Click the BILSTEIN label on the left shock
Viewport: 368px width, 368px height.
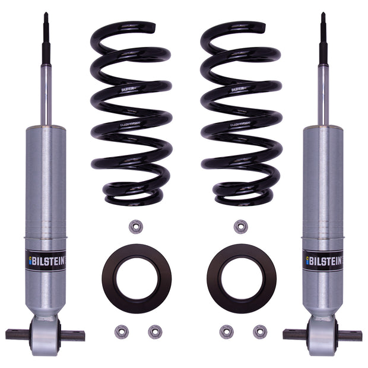point(46,260)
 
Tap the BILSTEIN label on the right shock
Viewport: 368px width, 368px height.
point(323,260)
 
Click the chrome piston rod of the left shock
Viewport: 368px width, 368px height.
point(46,95)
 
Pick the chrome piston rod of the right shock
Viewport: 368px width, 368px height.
point(323,95)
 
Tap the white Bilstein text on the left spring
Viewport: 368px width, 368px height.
point(130,90)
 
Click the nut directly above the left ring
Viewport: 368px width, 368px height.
point(136,227)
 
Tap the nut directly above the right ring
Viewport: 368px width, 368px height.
point(240,227)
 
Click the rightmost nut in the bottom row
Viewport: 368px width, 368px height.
point(259,331)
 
